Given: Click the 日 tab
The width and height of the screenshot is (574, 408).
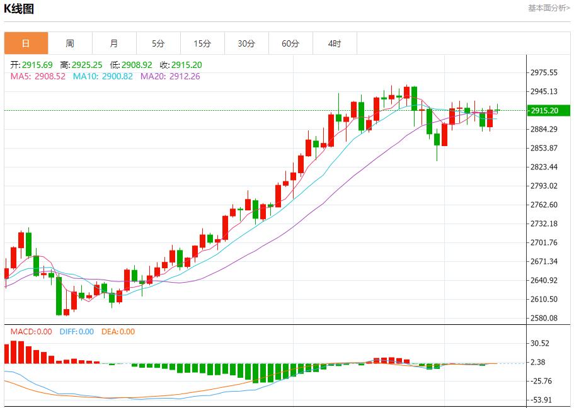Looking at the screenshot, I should click(26, 43).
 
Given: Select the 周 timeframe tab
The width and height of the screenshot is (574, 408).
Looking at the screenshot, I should click(70, 43).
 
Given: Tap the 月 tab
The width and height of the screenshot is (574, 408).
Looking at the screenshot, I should click(114, 43).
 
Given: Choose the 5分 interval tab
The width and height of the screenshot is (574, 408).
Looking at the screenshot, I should click(158, 43).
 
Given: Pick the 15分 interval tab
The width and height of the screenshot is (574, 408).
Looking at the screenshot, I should click(202, 43).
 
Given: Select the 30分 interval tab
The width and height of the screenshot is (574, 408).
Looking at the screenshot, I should click(246, 43).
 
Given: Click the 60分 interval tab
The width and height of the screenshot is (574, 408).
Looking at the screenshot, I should click(290, 43).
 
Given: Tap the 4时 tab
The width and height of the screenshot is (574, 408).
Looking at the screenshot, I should click(335, 43).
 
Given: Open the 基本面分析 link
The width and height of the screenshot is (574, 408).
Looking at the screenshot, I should click(549, 8).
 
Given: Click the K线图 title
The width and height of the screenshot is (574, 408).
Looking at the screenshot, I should click(19, 9).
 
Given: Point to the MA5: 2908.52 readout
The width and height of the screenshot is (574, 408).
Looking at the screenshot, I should click(38, 76).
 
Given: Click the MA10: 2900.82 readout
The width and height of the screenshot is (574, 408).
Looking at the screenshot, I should click(103, 76).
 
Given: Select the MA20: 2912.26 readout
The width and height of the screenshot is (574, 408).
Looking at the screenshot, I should click(170, 76).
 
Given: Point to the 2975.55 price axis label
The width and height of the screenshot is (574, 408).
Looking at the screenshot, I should click(544, 73).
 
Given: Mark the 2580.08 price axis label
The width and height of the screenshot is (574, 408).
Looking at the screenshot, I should click(544, 318).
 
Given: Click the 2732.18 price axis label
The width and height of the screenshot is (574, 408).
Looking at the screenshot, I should click(544, 224).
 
